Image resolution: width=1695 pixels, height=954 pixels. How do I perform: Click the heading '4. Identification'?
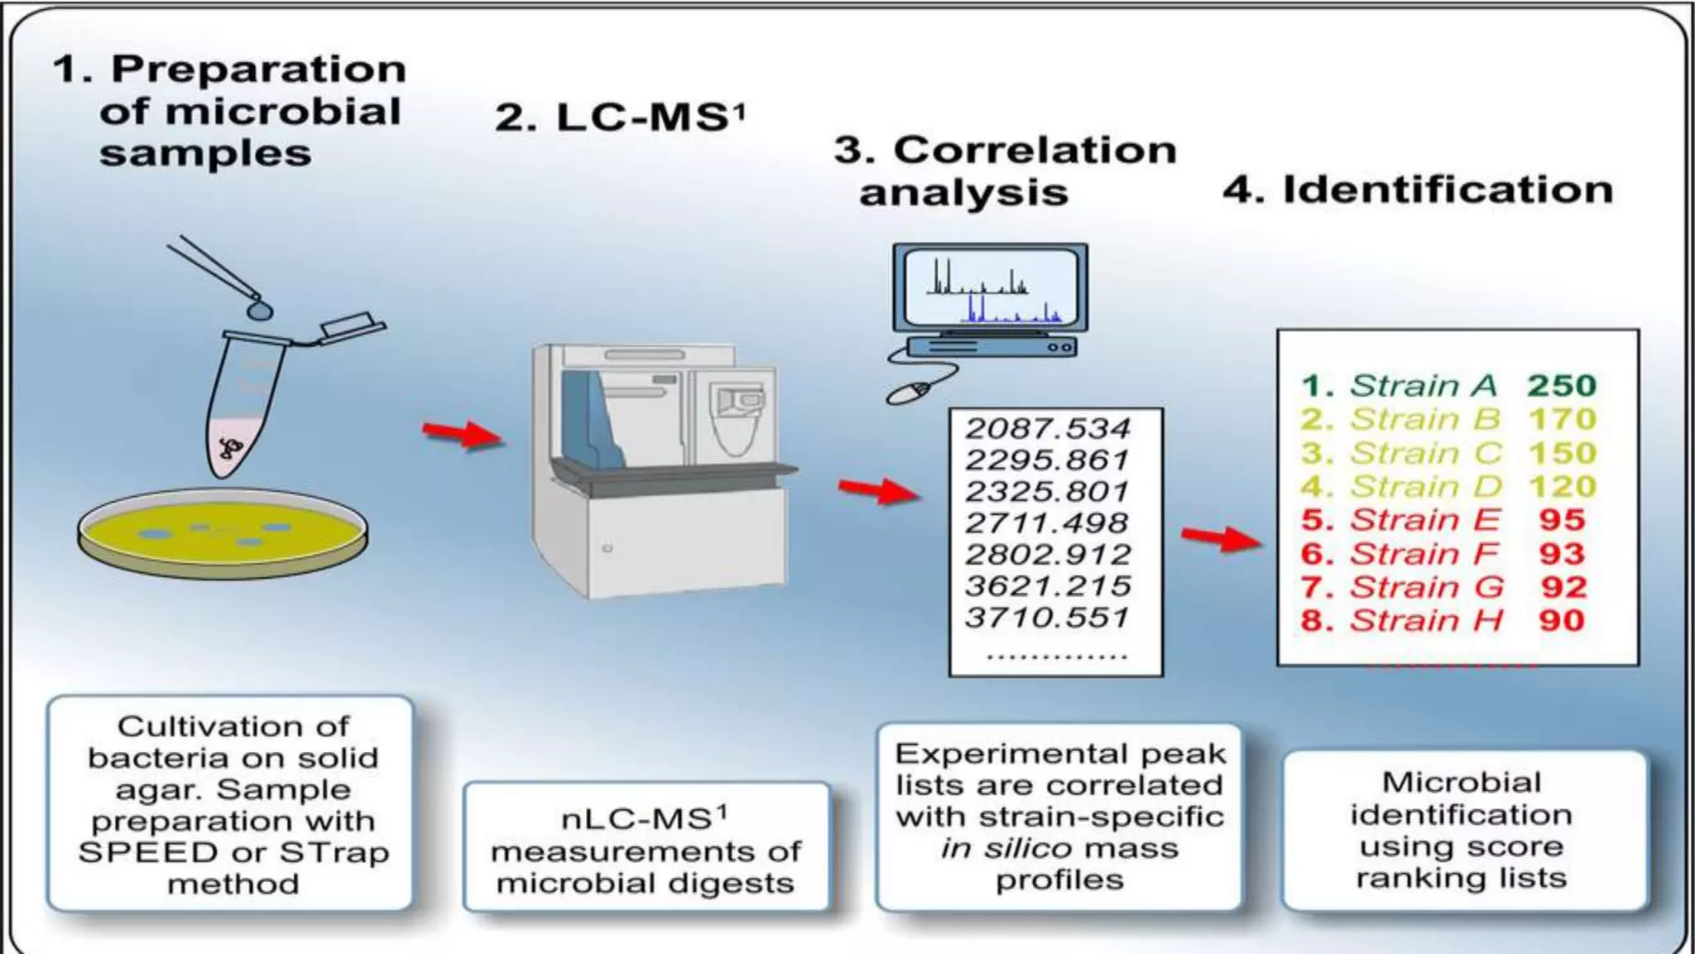1418,190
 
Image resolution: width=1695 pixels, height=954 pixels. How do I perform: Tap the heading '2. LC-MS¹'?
620,117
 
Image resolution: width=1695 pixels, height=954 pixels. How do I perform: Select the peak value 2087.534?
1047,428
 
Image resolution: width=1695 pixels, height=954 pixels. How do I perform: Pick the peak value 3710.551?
1047,618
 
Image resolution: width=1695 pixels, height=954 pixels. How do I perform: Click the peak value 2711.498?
1047,523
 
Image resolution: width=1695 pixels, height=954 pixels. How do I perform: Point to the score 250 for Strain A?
1561,386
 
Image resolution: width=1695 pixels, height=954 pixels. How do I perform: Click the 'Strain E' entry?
1424,520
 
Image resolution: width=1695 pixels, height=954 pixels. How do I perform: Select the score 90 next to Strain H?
1561,620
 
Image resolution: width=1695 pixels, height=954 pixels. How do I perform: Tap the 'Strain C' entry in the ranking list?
1424,453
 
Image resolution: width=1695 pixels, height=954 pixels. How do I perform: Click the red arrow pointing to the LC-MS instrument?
463,433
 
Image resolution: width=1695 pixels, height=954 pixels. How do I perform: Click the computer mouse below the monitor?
910,392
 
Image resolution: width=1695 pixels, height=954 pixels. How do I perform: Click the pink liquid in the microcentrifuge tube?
234,448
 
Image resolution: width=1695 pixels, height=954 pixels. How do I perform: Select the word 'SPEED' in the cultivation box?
147,852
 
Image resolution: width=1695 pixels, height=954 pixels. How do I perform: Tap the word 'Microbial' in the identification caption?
1461,783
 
